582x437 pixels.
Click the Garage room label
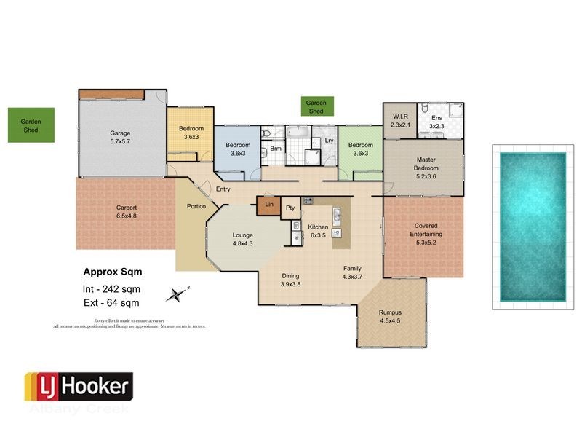point(120,138)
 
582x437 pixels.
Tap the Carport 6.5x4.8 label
point(127,212)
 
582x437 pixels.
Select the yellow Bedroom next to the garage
point(191,133)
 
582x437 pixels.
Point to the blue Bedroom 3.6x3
point(237,149)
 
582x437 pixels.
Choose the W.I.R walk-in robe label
point(400,121)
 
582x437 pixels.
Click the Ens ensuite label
point(436,121)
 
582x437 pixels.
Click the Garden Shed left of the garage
point(31,126)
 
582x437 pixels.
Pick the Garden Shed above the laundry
point(315,107)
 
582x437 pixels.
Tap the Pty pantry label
point(290,208)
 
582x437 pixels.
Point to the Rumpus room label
point(390,316)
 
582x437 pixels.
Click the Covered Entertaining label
point(426,229)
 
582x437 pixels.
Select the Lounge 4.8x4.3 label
point(242,240)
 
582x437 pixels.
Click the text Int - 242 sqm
point(111,289)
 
